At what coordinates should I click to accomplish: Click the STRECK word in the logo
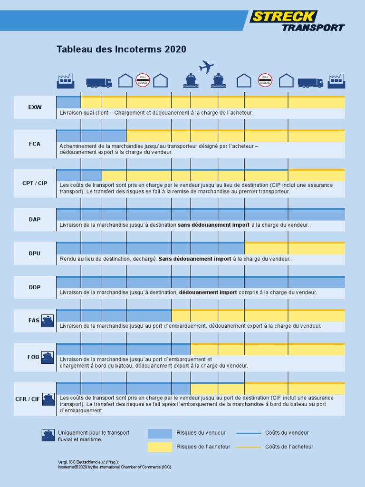point(283,17)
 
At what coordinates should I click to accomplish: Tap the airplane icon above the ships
point(206,67)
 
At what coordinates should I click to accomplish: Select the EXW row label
point(35,107)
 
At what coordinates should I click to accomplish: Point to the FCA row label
point(35,143)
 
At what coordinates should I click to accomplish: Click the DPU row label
point(35,253)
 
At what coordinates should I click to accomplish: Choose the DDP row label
point(35,287)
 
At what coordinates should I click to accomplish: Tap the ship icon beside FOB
point(48,357)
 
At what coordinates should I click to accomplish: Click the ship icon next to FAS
point(48,321)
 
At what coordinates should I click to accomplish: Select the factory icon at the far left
point(66,81)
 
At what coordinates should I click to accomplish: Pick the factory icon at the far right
point(336,81)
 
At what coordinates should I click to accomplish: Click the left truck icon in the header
point(99,83)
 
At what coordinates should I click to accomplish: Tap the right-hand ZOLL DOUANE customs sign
point(265,80)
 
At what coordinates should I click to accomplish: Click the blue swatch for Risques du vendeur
point(160,433)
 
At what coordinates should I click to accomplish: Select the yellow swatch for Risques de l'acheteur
point(160,447)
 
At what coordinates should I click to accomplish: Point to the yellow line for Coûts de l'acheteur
point(249,447)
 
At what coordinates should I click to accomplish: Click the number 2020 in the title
point(175,49)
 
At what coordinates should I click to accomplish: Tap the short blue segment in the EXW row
point(68,102)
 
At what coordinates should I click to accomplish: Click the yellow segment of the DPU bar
point(294,249)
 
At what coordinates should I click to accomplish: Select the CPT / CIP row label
point(35,183)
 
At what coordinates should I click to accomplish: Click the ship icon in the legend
point(48,435)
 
